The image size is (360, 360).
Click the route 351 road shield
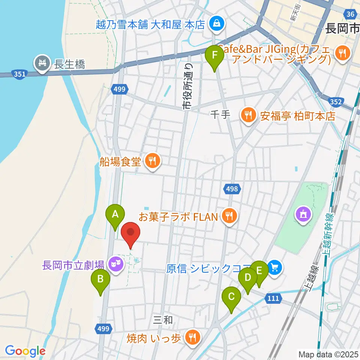pos(19,75)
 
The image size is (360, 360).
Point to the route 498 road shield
pos(232,189)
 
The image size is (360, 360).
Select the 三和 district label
pos(163,320)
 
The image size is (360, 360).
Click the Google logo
pos(25,351)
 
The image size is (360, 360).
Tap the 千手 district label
pos(220,114)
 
